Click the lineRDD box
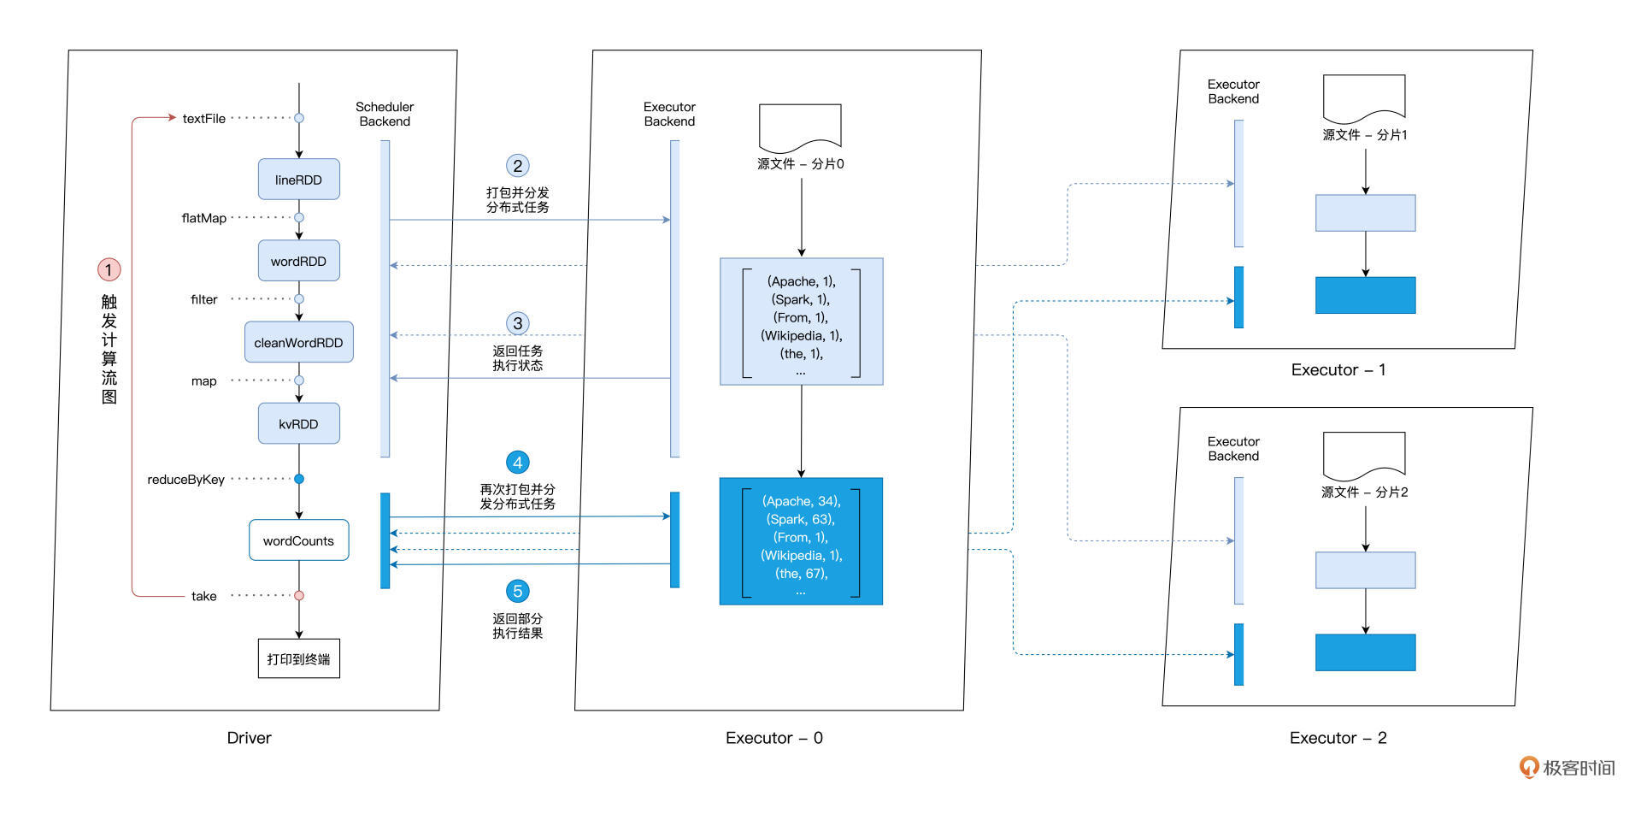coord(298,180)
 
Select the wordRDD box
coord(298,261)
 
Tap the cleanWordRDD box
coord(298,342)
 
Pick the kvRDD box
coord(298,423)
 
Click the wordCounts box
coord(298,540)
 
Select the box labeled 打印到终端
coord(298,658)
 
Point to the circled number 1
coord(109,270)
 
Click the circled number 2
coord(517,166)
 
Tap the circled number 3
coord(517,323)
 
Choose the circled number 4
coord(517,463)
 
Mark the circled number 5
coord(517,591)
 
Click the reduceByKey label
coord(185,480)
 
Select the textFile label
coord(203,119)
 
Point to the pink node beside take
coord(299,595)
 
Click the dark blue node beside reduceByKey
coord(299,479)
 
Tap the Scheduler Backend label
coord(385,114)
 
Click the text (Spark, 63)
coord(800,519)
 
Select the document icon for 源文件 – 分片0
coord(800,127)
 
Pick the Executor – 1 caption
coord(1338,370)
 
